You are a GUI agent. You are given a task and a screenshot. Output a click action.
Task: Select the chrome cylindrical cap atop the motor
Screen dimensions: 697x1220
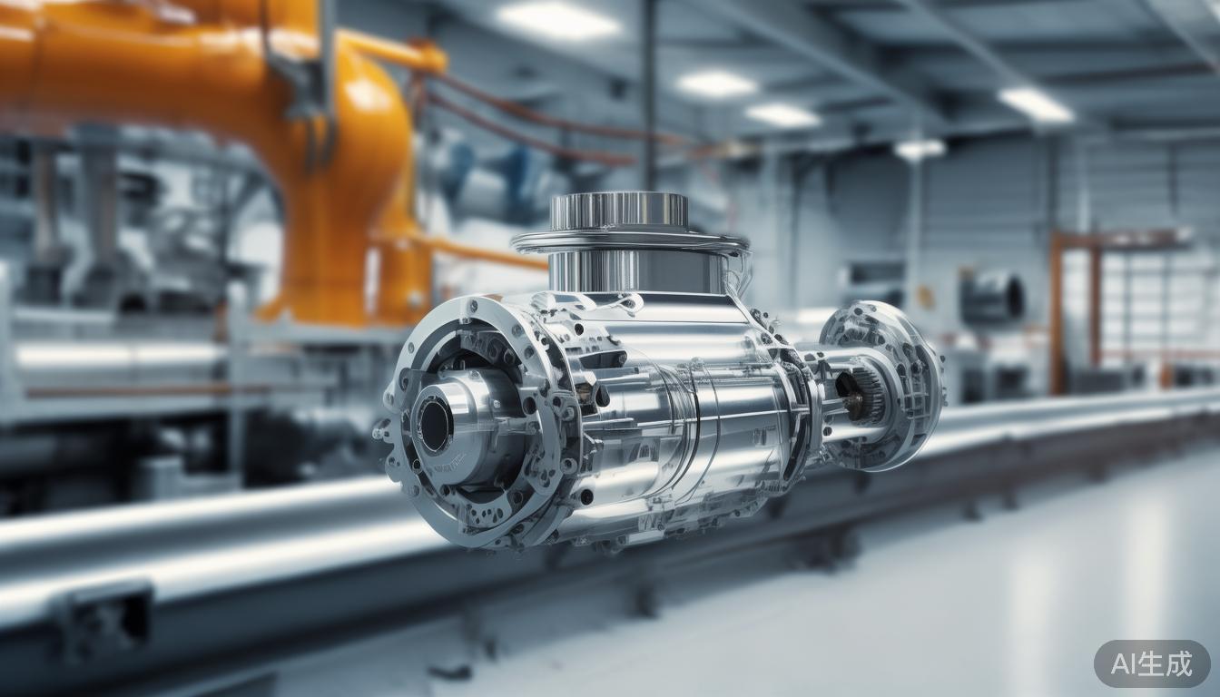click(618, 211)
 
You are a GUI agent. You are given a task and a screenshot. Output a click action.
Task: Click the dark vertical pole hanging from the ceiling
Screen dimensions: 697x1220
click(649, 91)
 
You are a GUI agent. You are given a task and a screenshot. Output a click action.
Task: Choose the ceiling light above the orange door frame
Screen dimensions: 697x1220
click(1035, 103)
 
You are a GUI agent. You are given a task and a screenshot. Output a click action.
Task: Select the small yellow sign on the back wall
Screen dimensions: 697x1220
click(926, 296)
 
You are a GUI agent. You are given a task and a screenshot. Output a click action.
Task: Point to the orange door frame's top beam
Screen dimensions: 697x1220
click(1121, 238)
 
